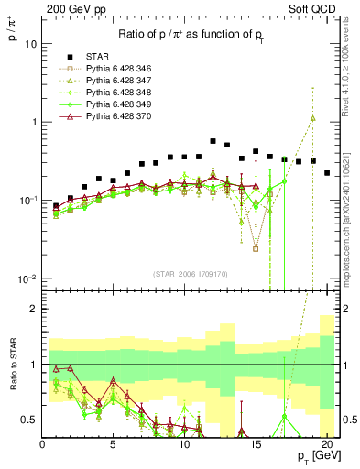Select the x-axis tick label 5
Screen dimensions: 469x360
113,445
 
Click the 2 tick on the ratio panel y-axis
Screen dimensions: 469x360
34,309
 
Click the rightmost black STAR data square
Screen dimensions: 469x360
327,172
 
